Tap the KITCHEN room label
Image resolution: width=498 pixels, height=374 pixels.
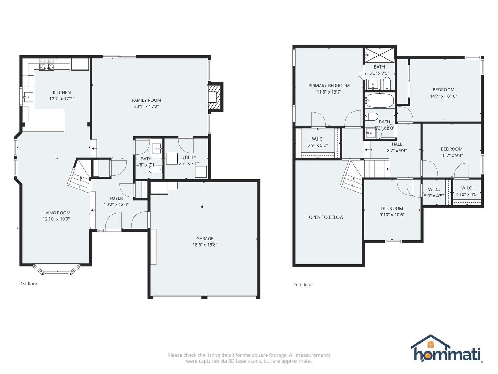[62, 92]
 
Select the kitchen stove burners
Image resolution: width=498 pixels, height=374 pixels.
[47, 65]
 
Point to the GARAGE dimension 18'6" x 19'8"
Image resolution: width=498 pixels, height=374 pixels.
[205, 245]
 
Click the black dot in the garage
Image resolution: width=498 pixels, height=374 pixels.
[202, 207]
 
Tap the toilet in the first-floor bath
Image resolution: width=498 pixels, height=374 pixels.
[155, 170]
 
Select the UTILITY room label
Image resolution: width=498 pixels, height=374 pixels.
[188, 157]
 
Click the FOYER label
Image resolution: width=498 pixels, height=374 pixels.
[116, 198]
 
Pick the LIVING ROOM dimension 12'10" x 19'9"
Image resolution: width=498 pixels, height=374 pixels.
[56, 219]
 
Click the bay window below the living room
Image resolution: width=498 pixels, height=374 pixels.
[56, 270]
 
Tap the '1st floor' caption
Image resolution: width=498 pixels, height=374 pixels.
[29, 284]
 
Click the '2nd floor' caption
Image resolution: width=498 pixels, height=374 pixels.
[303, 285]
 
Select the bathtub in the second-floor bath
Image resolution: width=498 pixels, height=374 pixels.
[379, 100]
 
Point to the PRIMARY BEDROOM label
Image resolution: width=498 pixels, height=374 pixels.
[329, 86]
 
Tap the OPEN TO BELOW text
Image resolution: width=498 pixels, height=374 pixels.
[326, 217]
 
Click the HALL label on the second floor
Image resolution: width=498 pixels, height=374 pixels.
[397, 144]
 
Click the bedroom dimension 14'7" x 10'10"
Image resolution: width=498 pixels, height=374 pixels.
[443, 96]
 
